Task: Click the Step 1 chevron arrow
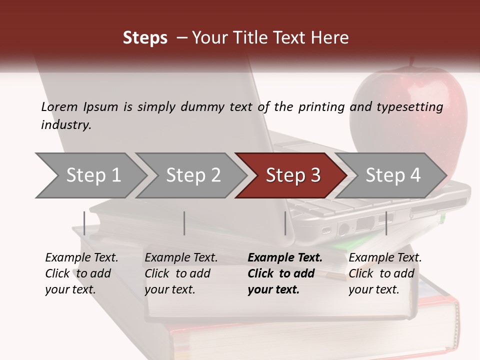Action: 92,175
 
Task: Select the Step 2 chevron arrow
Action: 192,175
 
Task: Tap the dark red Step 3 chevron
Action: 292,175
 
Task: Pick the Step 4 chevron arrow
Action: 392,175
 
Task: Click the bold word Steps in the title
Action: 145,38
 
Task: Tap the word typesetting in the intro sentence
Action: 409,107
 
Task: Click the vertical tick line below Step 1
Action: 84,223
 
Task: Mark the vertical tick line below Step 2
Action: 184,223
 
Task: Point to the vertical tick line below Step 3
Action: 285,223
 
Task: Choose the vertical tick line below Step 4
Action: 386,223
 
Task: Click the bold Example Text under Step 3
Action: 285,257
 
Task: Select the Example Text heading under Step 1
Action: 81,257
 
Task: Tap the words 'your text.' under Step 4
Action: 373,289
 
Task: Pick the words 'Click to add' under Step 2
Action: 177,273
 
